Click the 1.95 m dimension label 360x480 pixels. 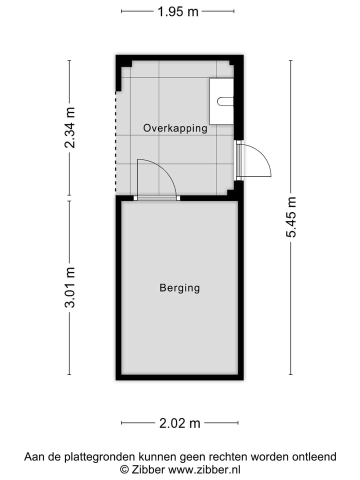click(178, 11)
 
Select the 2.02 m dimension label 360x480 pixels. click(179, 423)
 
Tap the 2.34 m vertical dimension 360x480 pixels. click(70, 127)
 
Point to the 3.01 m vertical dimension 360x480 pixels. click(70, 287)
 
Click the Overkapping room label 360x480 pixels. click(175, 128)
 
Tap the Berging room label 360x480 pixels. click(179, 288)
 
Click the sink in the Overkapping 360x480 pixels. click(221, 101)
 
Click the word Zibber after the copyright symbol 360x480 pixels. click(149, 469)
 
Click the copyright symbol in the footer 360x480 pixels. click(124, 469)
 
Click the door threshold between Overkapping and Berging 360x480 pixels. click(157, 198)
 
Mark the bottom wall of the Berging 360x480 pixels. click(179, 377)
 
